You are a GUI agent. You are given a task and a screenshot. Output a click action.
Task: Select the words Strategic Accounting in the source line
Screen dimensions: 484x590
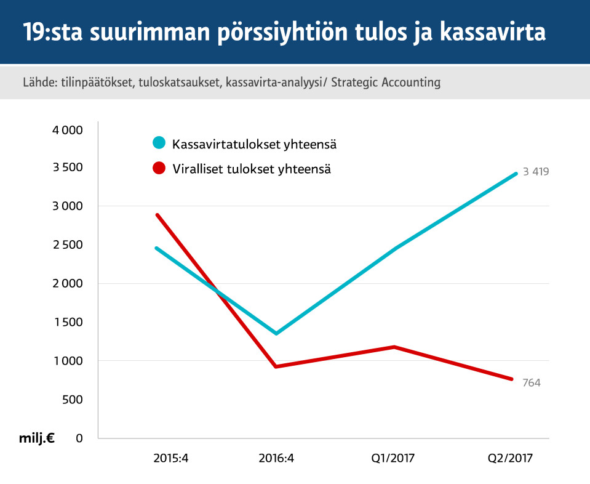[386, 82]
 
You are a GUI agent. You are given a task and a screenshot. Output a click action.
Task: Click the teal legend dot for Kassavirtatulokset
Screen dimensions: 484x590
[159, 143]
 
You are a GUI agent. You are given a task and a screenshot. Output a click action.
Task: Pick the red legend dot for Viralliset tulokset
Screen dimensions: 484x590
[159, 167]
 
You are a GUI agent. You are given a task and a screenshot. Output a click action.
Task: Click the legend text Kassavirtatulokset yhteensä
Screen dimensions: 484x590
[254, 145]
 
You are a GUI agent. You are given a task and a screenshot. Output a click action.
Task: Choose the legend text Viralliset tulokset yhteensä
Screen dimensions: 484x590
[252, 169]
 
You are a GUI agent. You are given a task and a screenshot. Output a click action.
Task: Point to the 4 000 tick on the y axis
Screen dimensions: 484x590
[67, 130]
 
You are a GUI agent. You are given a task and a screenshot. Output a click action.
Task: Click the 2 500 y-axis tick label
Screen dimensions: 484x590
[67, 245]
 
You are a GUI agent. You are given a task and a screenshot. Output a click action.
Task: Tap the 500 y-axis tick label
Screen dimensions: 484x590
[72, 399]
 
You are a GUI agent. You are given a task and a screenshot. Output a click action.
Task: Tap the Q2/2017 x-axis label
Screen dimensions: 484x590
[510, 458]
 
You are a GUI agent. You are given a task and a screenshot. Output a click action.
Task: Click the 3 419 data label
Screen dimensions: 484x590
[535, 172]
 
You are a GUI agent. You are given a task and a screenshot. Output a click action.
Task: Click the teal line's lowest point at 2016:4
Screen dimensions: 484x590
[276, 333]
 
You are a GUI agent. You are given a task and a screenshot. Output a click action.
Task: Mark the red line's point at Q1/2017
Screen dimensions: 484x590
[394, 347]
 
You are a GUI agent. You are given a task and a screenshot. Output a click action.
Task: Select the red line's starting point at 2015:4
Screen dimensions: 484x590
[157, 215]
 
